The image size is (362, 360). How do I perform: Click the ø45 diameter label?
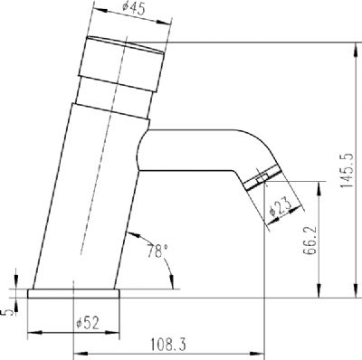[x=134, y=10]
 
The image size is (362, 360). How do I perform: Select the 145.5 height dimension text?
[x=347, y=170]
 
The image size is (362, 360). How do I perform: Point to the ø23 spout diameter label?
[x=281, y=207]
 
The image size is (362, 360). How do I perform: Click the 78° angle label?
[x=157, y=251]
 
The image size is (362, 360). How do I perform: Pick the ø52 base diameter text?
[x=88, y=323]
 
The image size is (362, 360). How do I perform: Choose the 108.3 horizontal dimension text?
[x=168, y=345]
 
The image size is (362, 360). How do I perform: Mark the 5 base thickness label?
[x=9, y=312]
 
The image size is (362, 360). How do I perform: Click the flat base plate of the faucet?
[x=73, y=294]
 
